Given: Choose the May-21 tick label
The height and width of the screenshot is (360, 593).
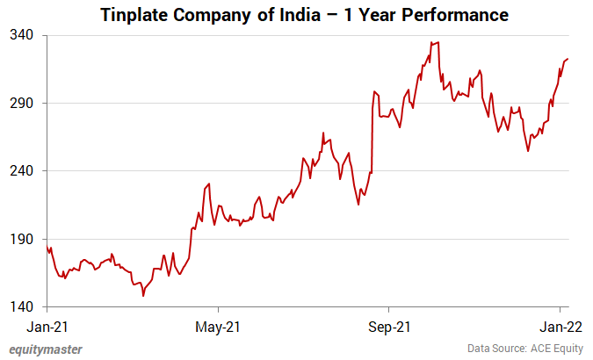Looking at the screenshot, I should pyautogui.click(x=218, y=327).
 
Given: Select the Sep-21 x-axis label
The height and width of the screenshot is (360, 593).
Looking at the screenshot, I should pyautogui.click(x=388, y=327).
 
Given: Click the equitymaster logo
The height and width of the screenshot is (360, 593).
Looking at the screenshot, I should pyautogui.click(x=46, y=349).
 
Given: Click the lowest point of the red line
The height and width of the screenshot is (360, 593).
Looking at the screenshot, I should pyautogui.click(x=143, y=296).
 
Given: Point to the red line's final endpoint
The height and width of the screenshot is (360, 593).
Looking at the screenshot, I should pyautogui.click(x=568, y=59).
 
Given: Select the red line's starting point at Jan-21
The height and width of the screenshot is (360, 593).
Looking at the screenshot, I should pyautogui.click(x=47, y=248).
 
